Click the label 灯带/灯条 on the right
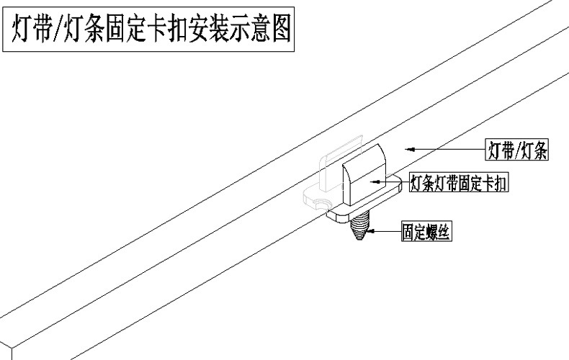tap(516, 150)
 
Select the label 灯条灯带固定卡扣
tap(459, 184)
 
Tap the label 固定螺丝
tap(427, 232)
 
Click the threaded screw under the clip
tap(359, 230)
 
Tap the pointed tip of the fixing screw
tap(359, 240)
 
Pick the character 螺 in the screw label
tap(435, 232)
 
